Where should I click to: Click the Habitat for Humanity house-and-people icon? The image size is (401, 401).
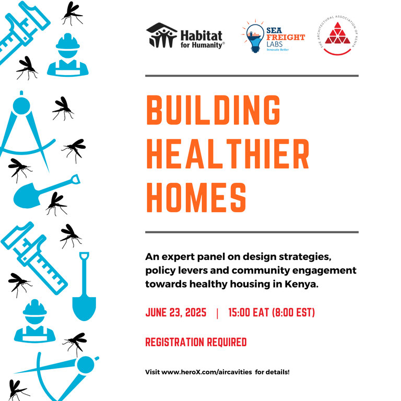click(162, 36)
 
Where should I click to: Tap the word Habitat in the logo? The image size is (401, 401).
click(202, 36)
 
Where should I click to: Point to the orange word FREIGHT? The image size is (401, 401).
click(286, 38)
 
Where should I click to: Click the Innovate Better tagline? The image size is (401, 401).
click(278, 50)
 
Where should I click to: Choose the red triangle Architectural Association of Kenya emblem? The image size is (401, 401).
click(337, 33)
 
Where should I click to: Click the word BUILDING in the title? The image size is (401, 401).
click(213, 110)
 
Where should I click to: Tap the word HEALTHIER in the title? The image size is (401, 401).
click(228, 154)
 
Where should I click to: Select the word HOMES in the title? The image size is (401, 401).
click(196, 197)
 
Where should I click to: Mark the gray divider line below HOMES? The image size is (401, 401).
click(252, 232)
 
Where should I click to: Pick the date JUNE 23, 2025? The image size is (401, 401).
click(176, 313)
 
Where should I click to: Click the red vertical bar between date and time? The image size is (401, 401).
click(217, 313)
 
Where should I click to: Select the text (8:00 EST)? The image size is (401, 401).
click(293, 313)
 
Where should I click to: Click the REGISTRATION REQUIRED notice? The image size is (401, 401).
click(196, 342)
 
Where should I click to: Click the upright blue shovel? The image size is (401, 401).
click(84, 287)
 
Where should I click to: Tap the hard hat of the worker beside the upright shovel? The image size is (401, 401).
click(35, 308)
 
